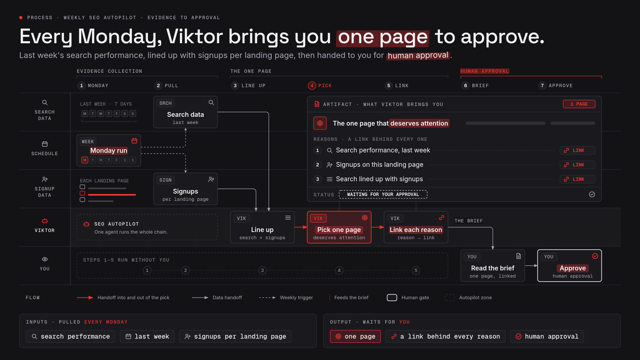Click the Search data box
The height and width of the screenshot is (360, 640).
coord(186,112)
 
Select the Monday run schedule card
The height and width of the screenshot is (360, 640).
coord(109,150)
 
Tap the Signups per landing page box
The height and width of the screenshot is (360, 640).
coord(186,189)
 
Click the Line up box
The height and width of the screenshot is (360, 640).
coord(262,227)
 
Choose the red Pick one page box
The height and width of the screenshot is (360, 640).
coord(339,227)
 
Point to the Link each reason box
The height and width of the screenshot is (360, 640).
coord(416,227)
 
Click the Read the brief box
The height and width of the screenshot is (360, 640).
coord(493,266)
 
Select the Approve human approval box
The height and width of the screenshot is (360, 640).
coord(570,266)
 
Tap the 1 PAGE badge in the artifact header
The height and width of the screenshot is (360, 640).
coord(579,104)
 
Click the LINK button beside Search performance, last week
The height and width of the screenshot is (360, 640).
coord(578,150)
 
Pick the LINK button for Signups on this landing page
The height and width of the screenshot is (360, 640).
coord(578,165)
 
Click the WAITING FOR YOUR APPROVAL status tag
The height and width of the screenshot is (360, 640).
coord(383,194)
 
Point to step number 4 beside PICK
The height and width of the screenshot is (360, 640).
coord(311,85)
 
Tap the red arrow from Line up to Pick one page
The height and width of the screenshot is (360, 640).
coord(301,227)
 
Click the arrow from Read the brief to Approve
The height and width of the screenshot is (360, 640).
coord(531,266)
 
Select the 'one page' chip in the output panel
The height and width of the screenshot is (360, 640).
coord(355,337)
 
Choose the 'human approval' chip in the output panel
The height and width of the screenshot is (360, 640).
coord(547,337)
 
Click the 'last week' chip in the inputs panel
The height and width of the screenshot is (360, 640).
coord(147,337)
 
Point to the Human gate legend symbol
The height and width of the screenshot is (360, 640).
coord(391,298)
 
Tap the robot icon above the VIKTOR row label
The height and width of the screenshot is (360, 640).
coord(45,221)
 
